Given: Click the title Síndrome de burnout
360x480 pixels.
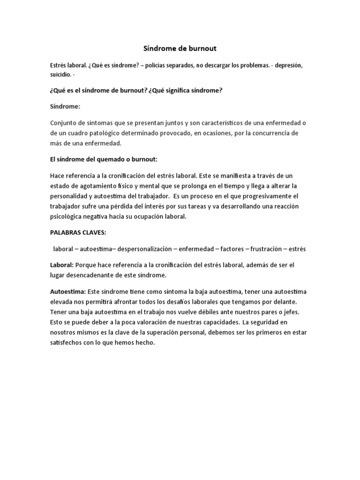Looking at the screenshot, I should pyautogui.click(x=180, y=48).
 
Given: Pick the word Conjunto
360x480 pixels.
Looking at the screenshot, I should pyautogui.click(x=63, y=123).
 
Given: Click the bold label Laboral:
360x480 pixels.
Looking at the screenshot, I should pyautogui.click(x=61, y=265).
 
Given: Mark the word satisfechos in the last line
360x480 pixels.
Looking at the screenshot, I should pyautogui.click(x=69, y=343).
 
